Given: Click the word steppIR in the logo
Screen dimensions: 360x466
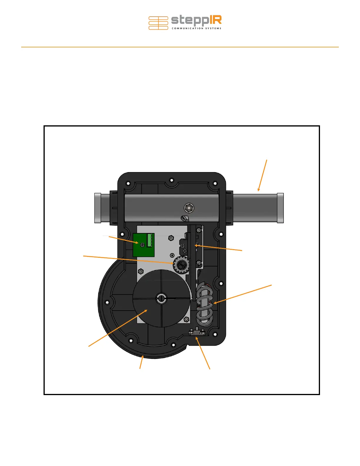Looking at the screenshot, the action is point(196,21).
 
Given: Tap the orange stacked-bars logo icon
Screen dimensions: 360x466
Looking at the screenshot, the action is point(158,23).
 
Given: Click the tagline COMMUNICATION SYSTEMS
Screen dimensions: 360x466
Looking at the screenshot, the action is point(196,28).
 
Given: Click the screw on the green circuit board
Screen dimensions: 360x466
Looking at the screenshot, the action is point(142,245).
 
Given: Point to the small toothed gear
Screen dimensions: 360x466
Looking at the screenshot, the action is point(181,265).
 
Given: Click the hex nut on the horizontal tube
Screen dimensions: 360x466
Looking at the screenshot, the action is point(189,208).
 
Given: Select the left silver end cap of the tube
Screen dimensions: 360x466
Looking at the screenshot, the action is point(98,208).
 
